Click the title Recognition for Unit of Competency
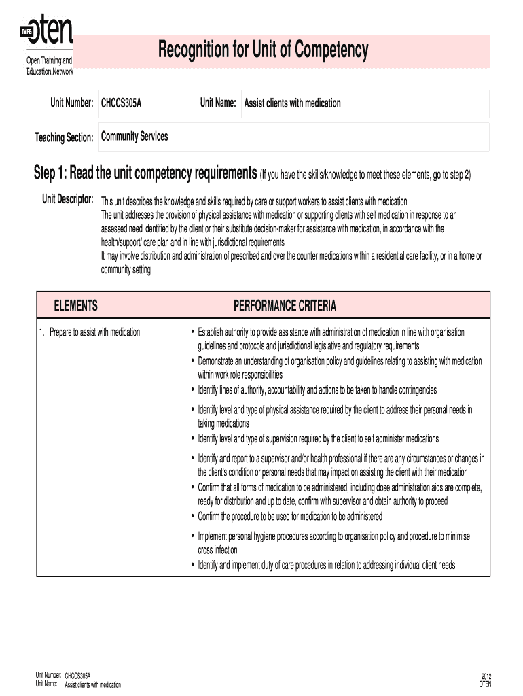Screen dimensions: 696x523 pyautogui.click(x=264, y=50)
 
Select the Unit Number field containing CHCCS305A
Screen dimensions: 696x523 pyautogui.click(x=143, y=103)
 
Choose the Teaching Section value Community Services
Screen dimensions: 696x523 pyautogui.click(x=134, y=137)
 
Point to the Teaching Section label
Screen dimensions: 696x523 pyautogui.click(x=64, y=138)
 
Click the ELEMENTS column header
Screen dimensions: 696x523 pyautogui.click(x=75, y=306)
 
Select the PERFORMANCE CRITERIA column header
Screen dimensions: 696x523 pyautogui.click(x=285, y=306)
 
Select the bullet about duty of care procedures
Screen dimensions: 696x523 pyautogui.click(x=326, y=565)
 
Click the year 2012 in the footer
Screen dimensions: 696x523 pyautogui.click(x=486, y=676)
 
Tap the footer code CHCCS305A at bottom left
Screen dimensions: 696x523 pyautogui.click(x=77, y=676)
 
